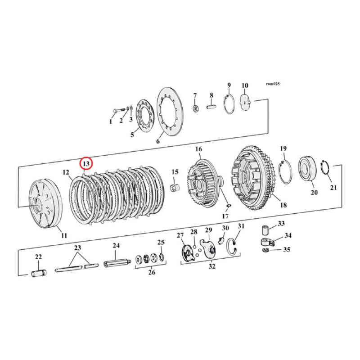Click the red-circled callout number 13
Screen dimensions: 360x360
coord(86,163)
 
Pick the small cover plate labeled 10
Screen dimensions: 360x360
coord(247,102)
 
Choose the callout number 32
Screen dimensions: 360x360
coord(211,266)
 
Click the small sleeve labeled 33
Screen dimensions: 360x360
coord(265,231)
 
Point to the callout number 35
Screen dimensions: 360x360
coord(287,250)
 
